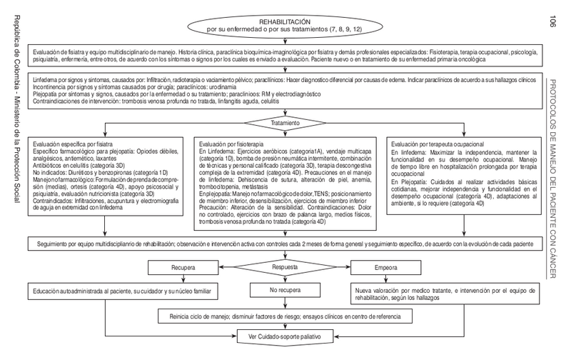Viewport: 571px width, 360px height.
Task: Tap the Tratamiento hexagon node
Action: [x=287, y=122]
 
